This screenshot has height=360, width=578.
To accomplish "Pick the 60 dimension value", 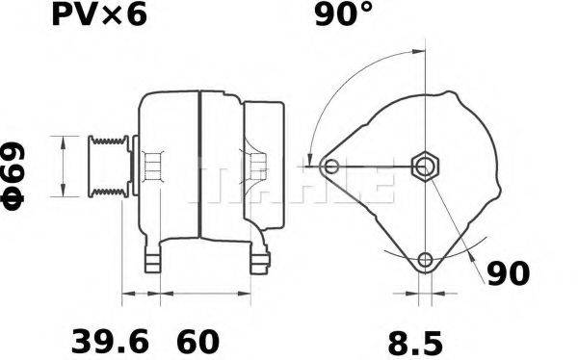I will tap(197, 341).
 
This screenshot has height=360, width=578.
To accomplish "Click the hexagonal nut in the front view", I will tap(425, 167).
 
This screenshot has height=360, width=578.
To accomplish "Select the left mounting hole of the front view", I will tap(331, 167).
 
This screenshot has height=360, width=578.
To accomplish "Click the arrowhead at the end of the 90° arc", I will tap(310, 159).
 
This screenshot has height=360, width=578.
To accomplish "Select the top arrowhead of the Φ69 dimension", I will tap(63, 141).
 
